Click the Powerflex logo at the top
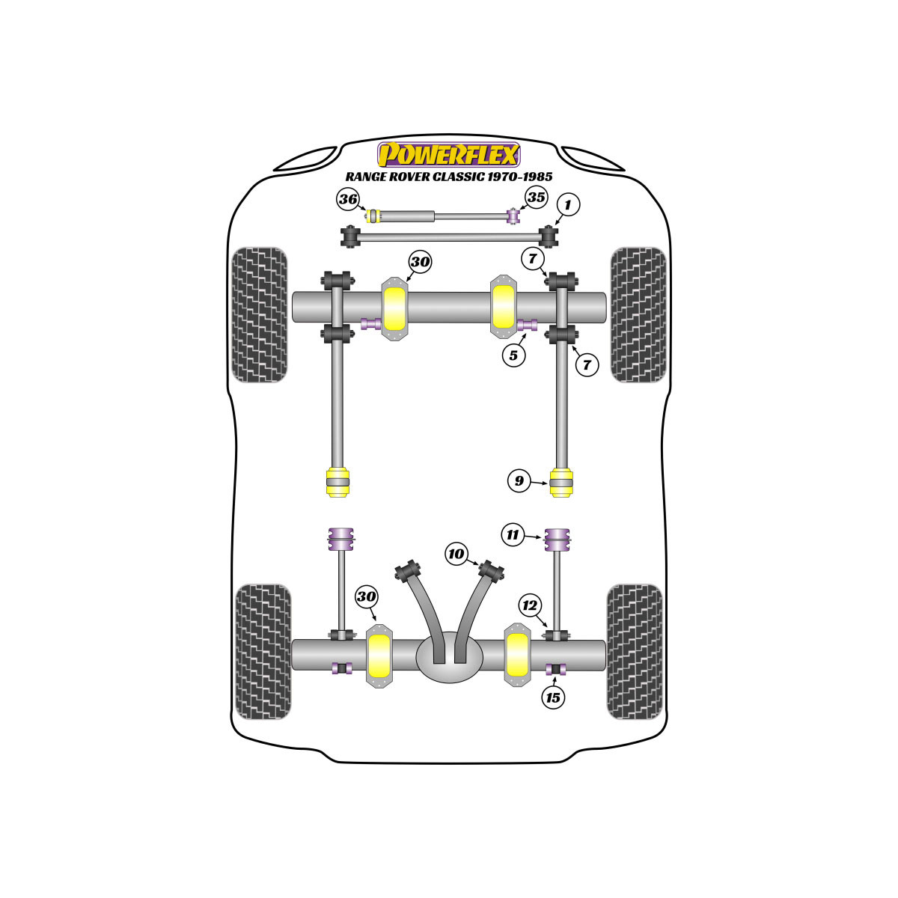pyautogui.click(x=448, y=155)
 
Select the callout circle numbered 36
pyautogui.click(x=348, y=199)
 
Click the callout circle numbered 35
pyautogui.click(x=536, y=197)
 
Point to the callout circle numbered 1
pyautogui.click(x=567, y=204)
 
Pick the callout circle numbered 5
pyautogui.click(x=513, y=355)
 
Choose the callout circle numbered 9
pyautogui.click(x=519, y=480)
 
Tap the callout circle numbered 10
pyautogui.click(x=456, y=554)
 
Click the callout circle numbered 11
pyautogui.click(x=513, y=534)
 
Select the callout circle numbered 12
pyautogui.click(x=530, y=605)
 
